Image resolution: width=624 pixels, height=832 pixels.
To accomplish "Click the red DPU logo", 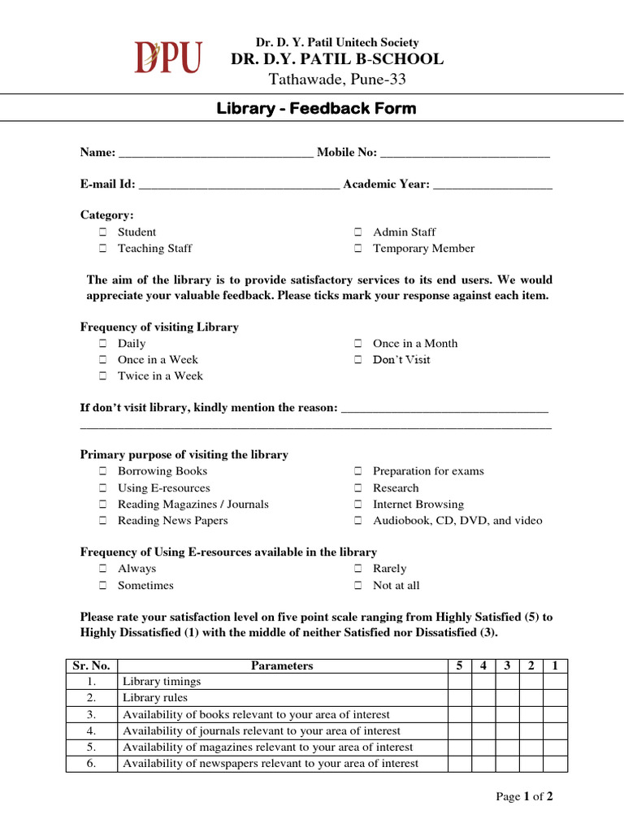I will click(167, 58).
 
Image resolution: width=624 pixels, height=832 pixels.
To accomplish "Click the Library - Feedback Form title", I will click(316, 108).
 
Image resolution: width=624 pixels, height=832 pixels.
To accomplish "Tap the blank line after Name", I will click(215, 154).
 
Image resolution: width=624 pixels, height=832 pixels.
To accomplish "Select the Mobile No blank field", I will click(465, 154).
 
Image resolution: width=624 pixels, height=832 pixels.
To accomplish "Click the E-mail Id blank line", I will click(239, 185).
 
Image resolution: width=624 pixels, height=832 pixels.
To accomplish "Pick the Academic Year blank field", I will click(492, 185).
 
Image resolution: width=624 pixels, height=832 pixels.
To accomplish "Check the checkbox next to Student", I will click(103, 232).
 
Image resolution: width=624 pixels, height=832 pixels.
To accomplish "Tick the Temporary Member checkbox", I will click(357, 249).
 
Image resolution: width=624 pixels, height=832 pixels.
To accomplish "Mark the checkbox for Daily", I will click(103, 344).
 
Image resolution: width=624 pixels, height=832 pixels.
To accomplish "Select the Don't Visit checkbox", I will click(357, 360).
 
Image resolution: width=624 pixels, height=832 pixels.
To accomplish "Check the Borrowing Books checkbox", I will click(103, 471).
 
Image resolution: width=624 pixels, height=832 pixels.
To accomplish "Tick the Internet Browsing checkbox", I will click(357, 505).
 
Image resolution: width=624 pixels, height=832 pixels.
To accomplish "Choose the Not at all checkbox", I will click(357, 586).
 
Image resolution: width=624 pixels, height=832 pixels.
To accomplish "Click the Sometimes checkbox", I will click(103, 586).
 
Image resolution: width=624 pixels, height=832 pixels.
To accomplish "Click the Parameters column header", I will click(282, 665).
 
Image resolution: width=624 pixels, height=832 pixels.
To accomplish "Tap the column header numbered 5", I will click(459, 665).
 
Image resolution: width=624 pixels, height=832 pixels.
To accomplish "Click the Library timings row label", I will click(162, 682).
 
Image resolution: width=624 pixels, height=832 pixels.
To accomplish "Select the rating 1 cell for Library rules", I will click(555, 698).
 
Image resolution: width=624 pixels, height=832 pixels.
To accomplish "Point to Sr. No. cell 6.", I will click(91, 764).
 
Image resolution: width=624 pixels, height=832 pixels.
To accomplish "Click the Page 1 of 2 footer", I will click(524, 797).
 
